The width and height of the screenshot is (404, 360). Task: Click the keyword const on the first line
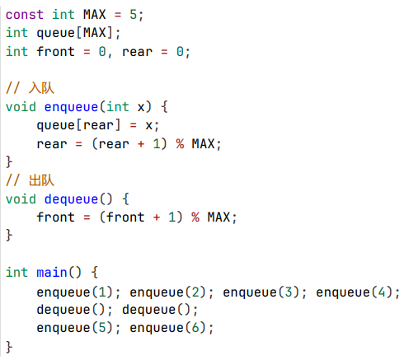[x=25, y=15]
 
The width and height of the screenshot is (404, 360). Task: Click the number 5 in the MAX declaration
[x=134, y=15]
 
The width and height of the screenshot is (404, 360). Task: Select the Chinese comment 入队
[x=41, y=88]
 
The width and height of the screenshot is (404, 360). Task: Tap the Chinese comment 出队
[x=41, y=180]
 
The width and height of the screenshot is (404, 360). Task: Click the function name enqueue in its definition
[x=71, y=107]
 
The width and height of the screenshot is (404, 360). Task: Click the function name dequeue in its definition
[x=71, y=199]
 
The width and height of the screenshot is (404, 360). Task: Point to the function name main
[x=52, y=273]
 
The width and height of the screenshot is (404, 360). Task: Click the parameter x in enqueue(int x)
[x=141, y=107]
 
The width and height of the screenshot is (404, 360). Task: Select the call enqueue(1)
[x=75, y=292]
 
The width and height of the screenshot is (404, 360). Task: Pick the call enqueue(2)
[x=168, y=292]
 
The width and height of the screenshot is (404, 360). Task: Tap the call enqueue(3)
[x=261, y=292]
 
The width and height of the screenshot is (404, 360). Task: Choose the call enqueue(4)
[x=355, y=292]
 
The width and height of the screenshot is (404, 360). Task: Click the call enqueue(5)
[x=75, y=328]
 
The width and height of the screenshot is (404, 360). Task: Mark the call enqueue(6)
[x=168, y=328]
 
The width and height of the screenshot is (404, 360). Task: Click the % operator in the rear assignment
[x=180, y=143]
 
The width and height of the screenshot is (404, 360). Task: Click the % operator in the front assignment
[x=195, y=217]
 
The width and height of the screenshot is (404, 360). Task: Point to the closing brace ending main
[x=9, y=347]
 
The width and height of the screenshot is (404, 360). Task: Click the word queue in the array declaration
[x=56, y=33]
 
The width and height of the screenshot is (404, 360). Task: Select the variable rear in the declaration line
[x=137, y=52]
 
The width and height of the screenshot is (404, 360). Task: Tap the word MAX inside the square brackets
[x=95, y=33]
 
